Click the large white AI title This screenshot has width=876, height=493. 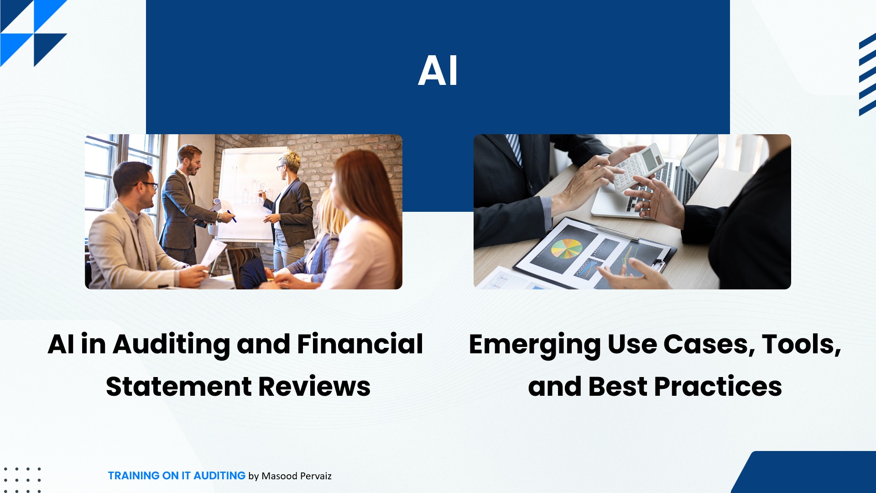(x=438, y=71)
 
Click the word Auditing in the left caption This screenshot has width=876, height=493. (x=172, y=345)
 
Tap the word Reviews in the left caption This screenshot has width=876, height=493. (x=314, y=387)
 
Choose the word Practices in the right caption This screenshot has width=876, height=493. (x=718, y=387)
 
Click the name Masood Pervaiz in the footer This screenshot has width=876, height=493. (x=297, y=476)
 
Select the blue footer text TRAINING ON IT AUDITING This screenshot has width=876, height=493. (x=177, y=476)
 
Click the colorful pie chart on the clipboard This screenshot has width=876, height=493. (x=566, y=249)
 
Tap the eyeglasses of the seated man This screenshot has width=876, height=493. (x=147, y=185)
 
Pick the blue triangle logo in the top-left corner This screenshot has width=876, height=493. (x=34, y=33)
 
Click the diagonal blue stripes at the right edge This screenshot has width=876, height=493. (x=867, y=74)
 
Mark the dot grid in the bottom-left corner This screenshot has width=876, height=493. (x=22, y=480)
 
